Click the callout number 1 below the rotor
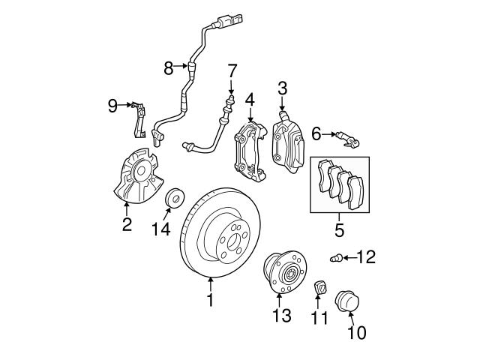click(211, 301)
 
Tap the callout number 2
click(127, 223)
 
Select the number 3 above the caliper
click(282, 89)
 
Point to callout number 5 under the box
click(339, 230)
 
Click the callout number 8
click(169, 69)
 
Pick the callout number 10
click(358, 331)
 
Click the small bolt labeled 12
click(336, 259)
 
